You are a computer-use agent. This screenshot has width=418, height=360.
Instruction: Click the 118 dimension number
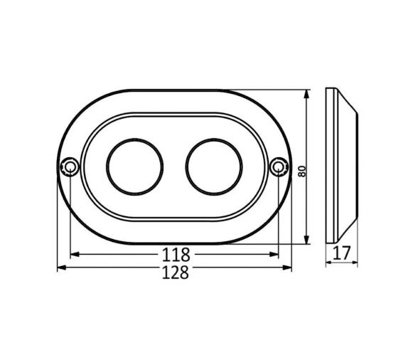[175, 253]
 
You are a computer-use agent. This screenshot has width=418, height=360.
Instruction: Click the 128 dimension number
[175, 271]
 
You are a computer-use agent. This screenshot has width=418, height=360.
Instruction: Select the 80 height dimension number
[301, 171]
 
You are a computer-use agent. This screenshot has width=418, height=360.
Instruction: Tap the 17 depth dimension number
[342, 252]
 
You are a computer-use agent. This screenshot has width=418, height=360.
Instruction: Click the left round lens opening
[134, 166]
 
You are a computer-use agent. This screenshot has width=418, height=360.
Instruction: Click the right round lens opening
[214, 166]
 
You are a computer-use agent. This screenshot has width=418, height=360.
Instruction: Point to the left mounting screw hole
[70, 167]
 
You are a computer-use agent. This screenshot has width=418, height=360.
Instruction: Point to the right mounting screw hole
[279, 167]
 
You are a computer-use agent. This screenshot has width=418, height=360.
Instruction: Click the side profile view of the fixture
[341, 165]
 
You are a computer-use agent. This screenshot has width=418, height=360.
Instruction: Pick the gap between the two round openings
[174, 166]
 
